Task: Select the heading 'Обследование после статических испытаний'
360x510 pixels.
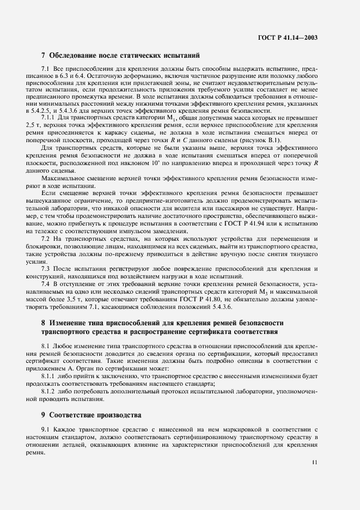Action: [x=125, y=55]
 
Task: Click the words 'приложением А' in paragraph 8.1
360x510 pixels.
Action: [x=59, y=368]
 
